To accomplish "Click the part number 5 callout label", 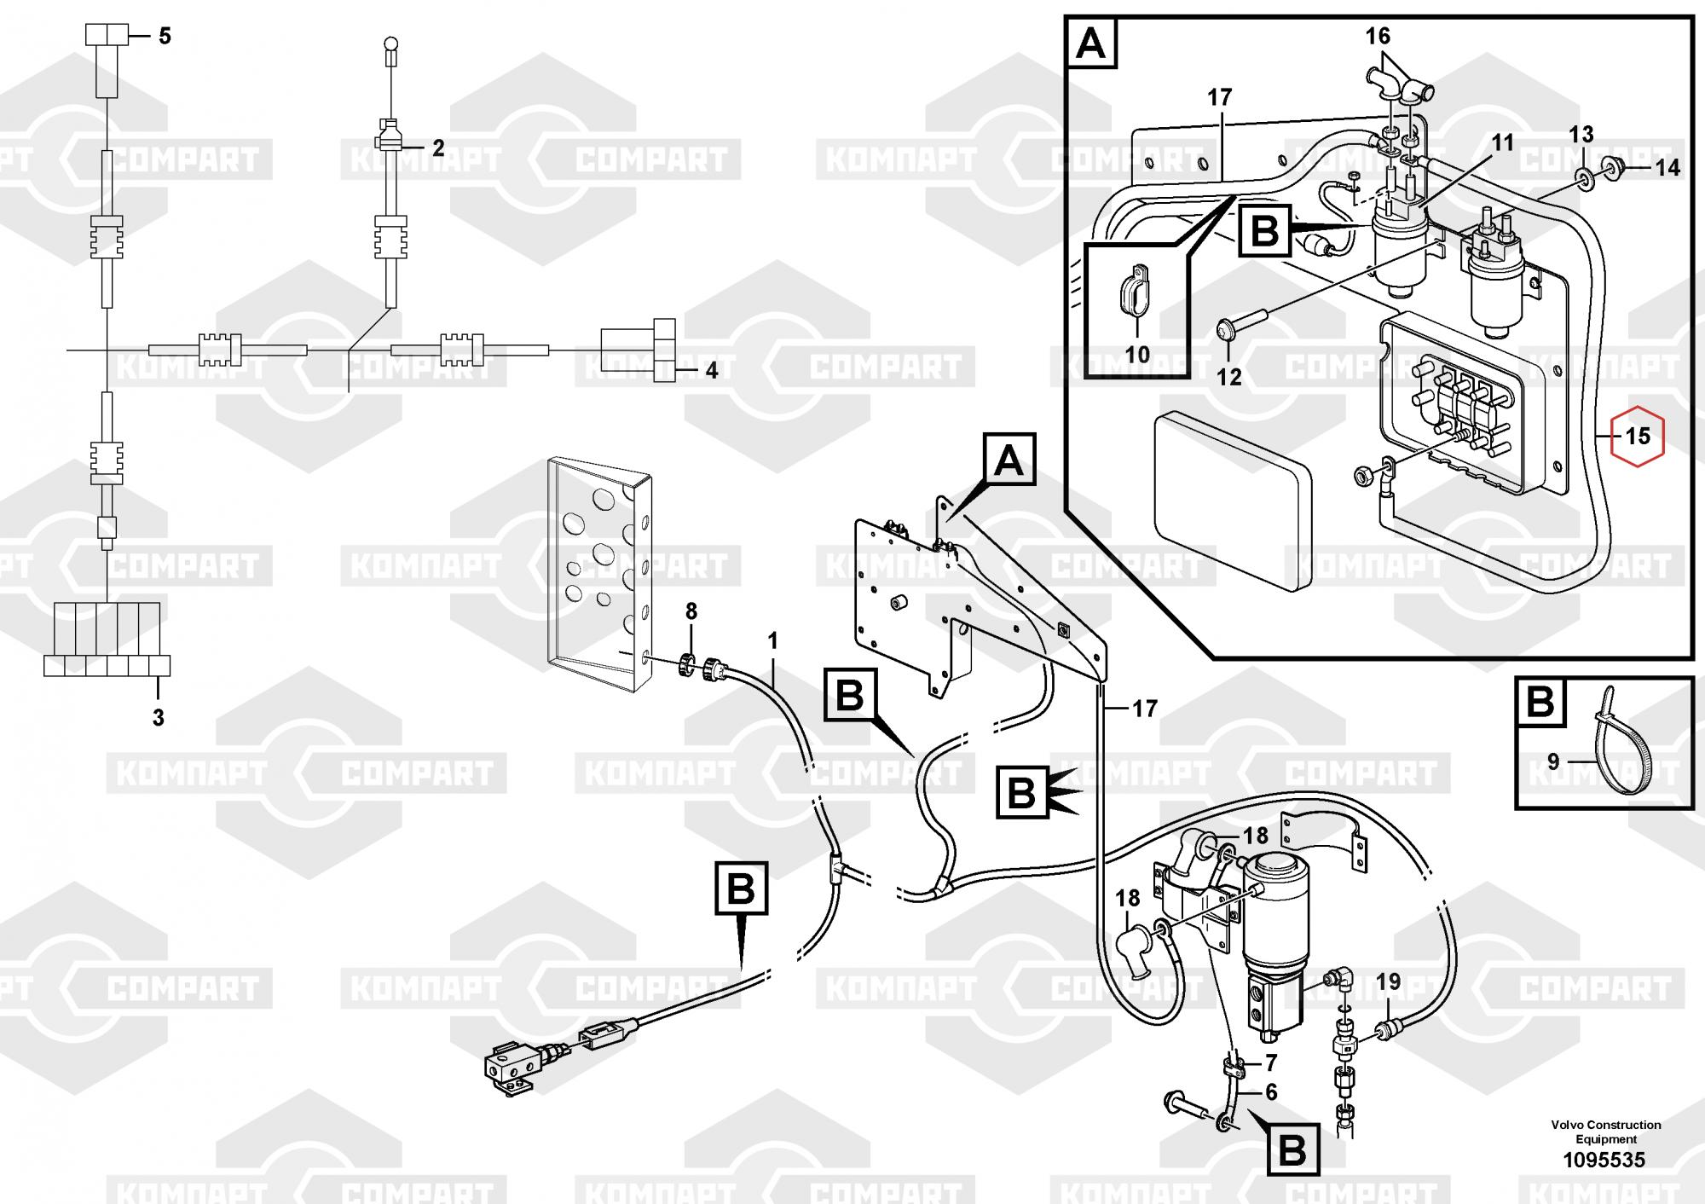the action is pos(165,36).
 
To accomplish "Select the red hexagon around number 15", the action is pos(1637,436).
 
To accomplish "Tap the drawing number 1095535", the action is pos(1604,1160).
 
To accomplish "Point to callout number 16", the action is pos(1378,36).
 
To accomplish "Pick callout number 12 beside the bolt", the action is pos(1228,376).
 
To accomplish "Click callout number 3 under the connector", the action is pos(158,718).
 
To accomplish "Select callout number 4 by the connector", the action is pos(711,371).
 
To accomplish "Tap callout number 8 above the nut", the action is pos(691,611).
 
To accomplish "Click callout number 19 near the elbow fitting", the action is pos(1388,981).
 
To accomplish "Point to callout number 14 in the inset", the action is pos(1667,168).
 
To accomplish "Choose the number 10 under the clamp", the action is pos(1138,353).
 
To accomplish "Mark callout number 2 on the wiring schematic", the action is pos(438,148).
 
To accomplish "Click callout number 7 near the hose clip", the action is pos(1271,1062).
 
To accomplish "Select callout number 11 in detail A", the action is pos(1502,142).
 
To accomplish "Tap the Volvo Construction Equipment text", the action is pos(1606,1132).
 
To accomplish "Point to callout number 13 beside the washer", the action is pos(1581,134).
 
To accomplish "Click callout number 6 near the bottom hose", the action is pos(1271,1092).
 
